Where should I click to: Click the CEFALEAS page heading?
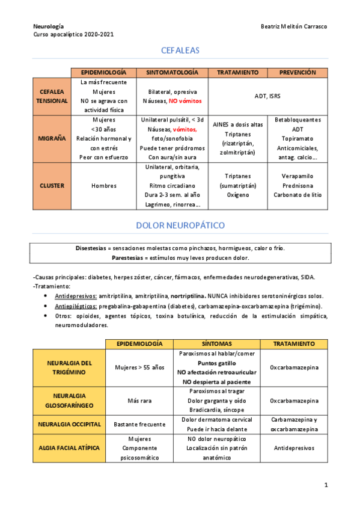(x=180, y=51)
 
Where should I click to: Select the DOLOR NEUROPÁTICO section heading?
(x=180, y=226)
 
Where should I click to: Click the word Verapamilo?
(x=297, y=176)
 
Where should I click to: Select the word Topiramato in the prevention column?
(x=297, y=138)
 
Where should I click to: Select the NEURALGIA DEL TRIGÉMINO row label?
(x=69, y=367)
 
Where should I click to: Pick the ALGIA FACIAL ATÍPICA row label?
(x=69, y=448)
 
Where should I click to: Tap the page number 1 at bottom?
(x=325, y=485)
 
